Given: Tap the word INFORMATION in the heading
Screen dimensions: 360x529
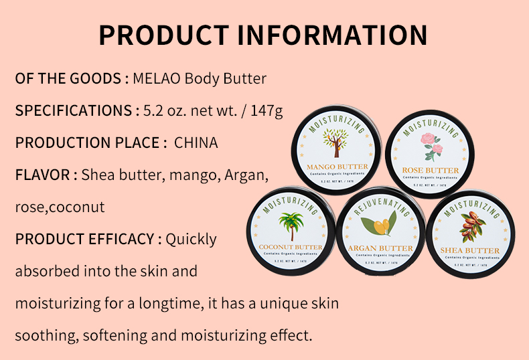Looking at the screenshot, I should [x=333, y=35].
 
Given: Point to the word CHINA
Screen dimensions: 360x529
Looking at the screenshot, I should [x=196, y=143].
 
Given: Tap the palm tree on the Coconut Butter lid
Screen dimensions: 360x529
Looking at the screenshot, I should [x=291, y=226].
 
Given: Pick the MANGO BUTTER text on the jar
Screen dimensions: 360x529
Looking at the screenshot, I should [x=336, y=167].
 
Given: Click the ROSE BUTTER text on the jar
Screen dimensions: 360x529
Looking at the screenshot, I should [x=431, y=171].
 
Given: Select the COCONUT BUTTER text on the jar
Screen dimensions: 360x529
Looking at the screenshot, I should [x=291, y=247].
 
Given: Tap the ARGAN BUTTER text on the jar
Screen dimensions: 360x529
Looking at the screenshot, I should [x=380, y=248].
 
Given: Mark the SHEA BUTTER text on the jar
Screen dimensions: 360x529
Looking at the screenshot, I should [x=473, y=250].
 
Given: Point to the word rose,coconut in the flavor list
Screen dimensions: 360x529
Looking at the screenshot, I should [x=60, y=207].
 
